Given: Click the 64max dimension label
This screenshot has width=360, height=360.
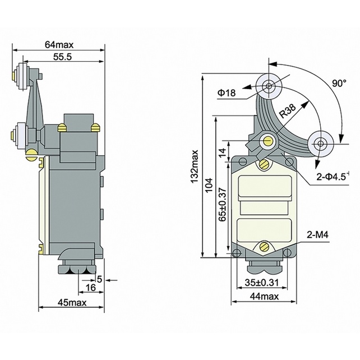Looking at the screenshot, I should point(58,44).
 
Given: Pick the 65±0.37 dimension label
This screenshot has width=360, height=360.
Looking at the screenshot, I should point(222,205).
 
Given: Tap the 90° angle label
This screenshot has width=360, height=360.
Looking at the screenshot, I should point(338,83).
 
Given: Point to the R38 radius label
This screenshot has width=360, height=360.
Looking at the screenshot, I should point(287,110).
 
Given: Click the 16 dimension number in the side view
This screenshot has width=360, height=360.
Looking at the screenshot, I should point(90,288).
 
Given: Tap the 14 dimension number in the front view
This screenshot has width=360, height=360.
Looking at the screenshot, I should point(222,151).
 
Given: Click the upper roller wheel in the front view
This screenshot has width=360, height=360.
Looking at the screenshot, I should point(269,86).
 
